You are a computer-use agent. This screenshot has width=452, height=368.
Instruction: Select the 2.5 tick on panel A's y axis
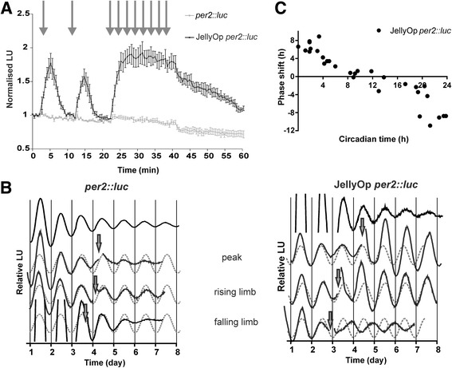pos(23,13)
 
